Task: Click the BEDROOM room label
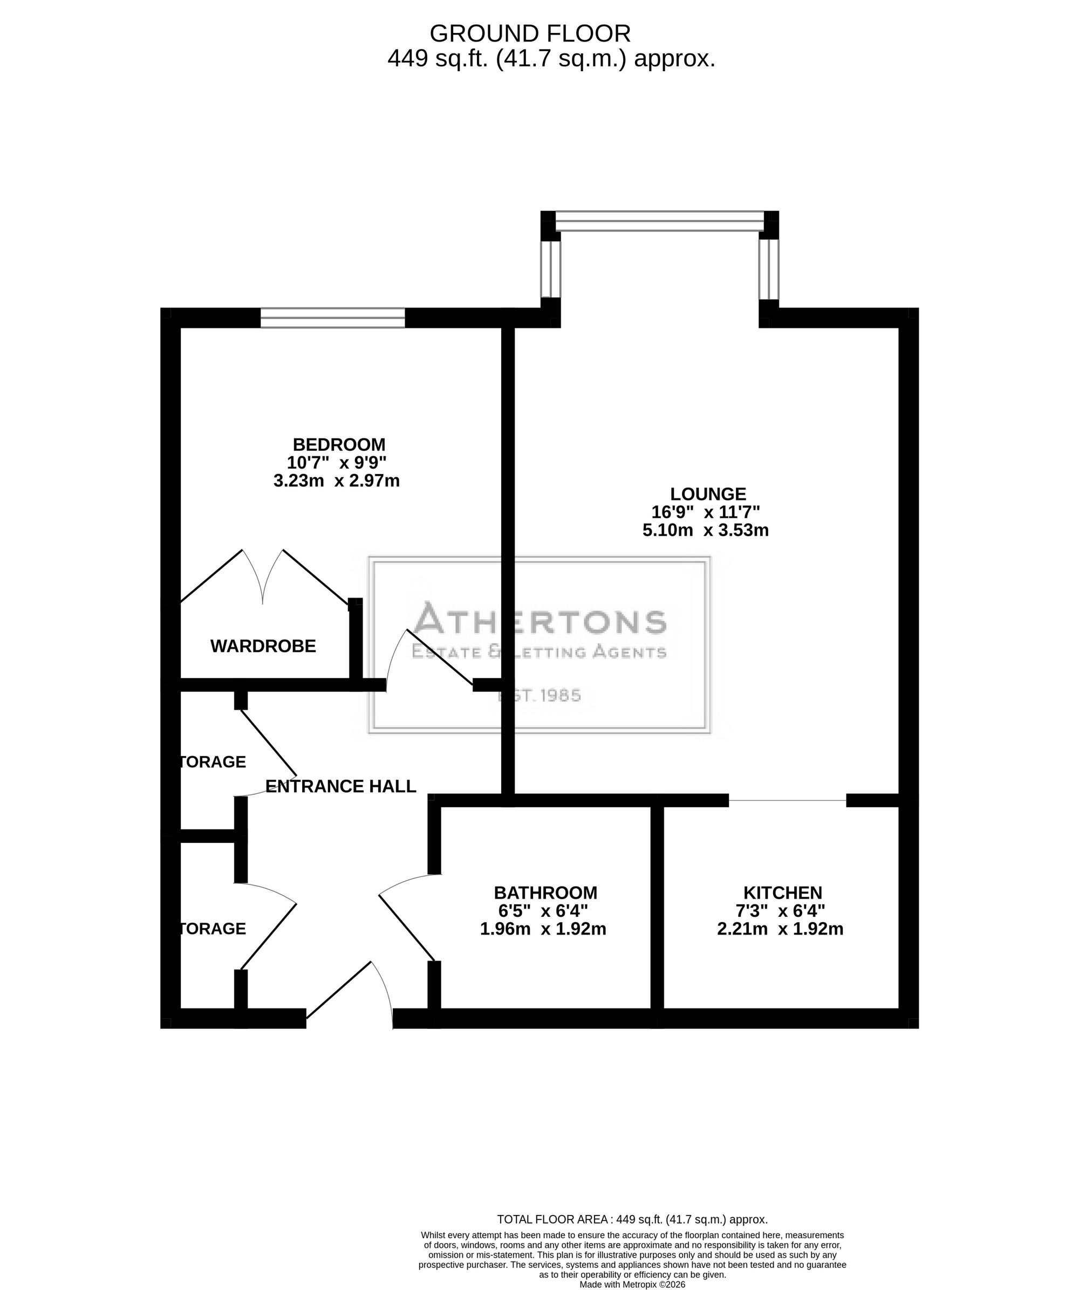[339, 444]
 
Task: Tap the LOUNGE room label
[708, 493]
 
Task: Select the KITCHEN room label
[783, 893]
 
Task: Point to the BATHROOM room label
[545, 893]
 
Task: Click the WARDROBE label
[263, 646]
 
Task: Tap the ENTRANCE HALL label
[341, 786]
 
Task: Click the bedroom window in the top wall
[332, 318]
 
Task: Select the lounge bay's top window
[659, 221]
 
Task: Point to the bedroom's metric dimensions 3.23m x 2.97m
[337, 481]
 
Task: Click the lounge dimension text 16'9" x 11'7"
[706, 512]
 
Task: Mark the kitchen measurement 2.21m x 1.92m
[780, 929]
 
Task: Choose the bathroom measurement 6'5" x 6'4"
[543, 910]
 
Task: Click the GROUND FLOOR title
[530, 33]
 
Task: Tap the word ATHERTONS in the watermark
[540, 618]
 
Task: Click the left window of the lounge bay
[551, 269]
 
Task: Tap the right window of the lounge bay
[769, 269]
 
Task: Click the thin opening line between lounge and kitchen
[788, 800]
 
